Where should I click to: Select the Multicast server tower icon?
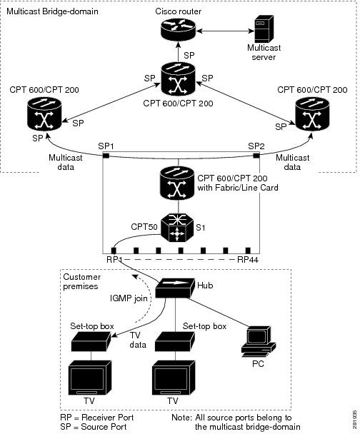(264, 29)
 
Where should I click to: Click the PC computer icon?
(259, 342)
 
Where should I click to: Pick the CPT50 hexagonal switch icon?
(177, 228)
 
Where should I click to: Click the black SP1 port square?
(106, 156)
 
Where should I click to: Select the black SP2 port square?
(256, 156)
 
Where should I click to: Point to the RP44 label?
(248, 260)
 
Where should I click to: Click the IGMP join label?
(129, 298)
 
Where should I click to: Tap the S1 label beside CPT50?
(201, 228)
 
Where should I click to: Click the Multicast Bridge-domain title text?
(52, 11)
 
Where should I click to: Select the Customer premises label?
(81, 281)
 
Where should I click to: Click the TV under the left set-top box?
(90, 378)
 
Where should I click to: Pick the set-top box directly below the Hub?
(175, 342)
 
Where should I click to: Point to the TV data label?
(138, 340)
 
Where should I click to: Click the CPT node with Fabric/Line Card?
(177, 183)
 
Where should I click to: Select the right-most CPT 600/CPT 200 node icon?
(312, 113)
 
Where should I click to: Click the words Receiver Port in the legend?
(107, 418)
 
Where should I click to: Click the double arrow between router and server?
(225, 31)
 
